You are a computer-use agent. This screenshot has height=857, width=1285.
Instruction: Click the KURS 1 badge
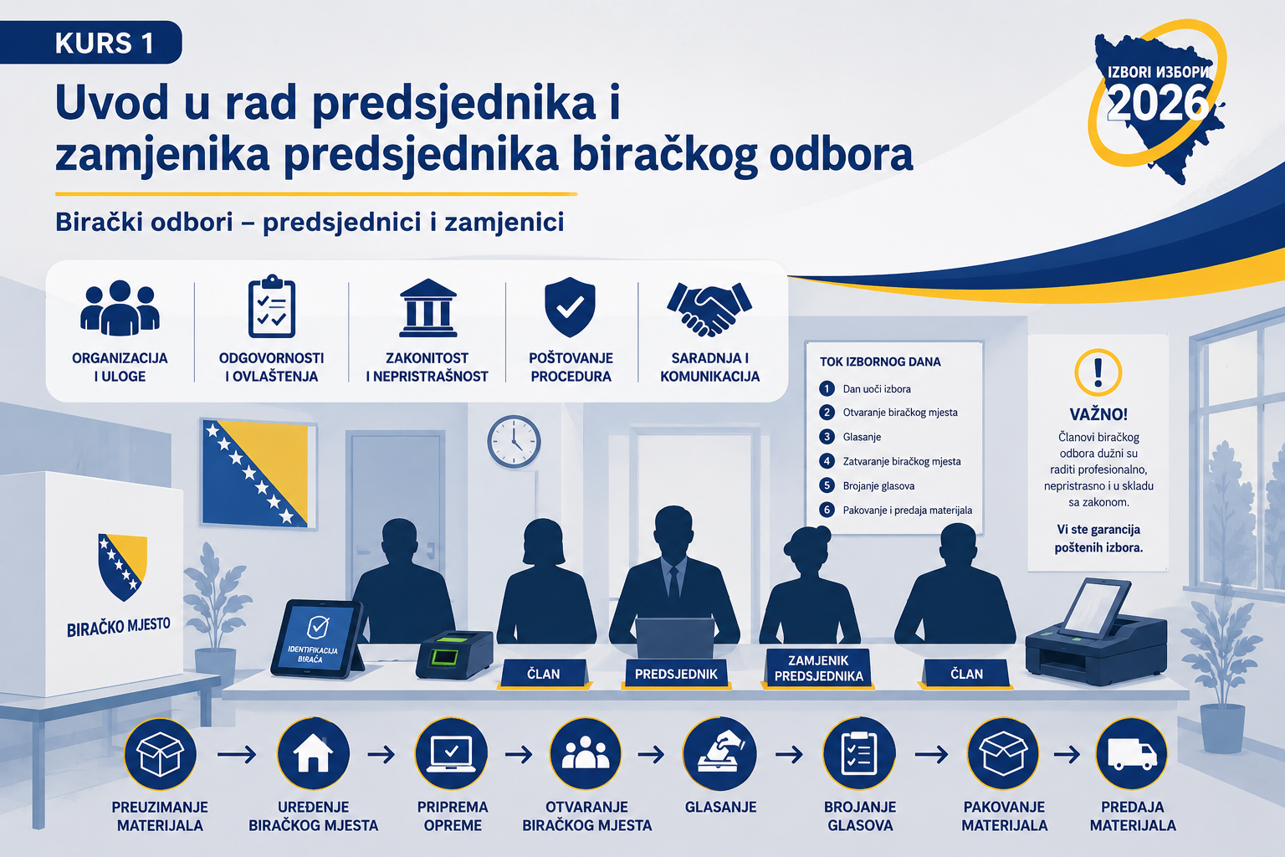(x=90, y=43)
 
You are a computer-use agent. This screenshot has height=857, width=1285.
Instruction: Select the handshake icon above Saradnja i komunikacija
(x=709, y=309)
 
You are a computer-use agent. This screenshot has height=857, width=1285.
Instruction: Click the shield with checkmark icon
(x=570, y=306)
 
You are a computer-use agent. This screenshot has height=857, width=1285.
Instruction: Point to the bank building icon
(x=428, y=308)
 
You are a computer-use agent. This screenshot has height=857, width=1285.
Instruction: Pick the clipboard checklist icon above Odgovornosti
(x=271, y=306)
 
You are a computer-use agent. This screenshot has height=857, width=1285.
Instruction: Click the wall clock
(x=514, y=441)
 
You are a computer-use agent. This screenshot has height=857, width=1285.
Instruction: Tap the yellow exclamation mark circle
(x=1098, y=372)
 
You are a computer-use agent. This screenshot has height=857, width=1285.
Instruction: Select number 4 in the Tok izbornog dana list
(x=827, y=461)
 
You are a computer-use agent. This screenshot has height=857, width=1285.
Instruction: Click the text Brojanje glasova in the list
(x=878, y=485)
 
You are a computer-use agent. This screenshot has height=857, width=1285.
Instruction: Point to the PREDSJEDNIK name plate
(x=676, y=674)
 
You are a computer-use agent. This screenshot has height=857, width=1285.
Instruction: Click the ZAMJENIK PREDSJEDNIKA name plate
(x=819, y=668)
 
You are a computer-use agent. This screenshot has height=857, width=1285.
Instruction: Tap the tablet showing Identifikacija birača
(x=317, y=639)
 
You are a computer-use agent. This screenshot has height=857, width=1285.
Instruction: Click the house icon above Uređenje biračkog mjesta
(x=313, y=754)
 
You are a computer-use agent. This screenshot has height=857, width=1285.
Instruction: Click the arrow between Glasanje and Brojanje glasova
(x=790, y=754)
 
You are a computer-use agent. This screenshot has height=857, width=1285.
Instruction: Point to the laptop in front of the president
(x=674, y=638)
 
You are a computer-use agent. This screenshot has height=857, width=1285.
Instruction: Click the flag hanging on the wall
(x=259, y=472)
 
